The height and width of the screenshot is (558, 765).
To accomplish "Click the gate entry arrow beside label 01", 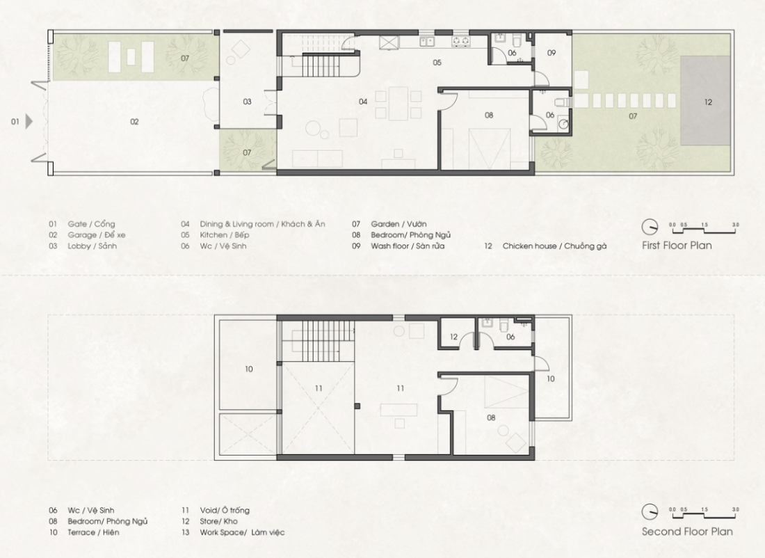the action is coord(29,121).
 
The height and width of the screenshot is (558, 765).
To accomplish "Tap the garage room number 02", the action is coord(134,122).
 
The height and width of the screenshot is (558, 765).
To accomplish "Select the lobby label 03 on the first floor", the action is coord(248,102).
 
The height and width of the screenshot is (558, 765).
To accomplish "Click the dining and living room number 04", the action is coord(363,102).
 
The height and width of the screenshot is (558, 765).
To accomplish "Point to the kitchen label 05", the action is coord(437,63).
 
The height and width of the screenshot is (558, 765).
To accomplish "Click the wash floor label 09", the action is coord(551,53).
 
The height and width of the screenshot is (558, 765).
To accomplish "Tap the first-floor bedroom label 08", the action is coord(489,115).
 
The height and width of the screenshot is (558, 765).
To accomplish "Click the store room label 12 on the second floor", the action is coord(453,337).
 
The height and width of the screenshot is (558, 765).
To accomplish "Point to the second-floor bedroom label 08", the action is coord(491,417).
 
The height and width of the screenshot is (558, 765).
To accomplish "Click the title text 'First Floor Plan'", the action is coord(677,246).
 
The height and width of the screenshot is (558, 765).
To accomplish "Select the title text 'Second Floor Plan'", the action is coord(687,532).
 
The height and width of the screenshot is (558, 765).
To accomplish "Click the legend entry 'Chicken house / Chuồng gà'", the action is coord(555,246).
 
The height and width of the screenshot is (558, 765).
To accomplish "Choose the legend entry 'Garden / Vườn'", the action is coord(398,224).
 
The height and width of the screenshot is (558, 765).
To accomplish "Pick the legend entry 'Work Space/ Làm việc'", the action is coord(242,532).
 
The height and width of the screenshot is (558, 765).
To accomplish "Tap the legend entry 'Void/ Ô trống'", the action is coord(225,510).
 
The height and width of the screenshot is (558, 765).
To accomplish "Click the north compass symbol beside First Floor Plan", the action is coord(650,227).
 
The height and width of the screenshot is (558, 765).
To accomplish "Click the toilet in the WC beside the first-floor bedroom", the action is coord(561,102).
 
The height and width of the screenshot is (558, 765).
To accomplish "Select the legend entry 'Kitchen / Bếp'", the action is coord(225,234).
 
